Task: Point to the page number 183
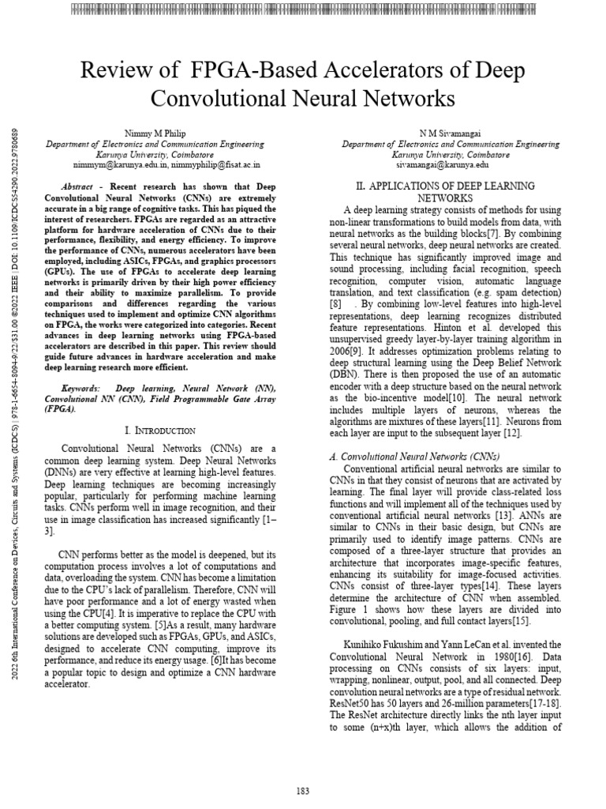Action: pyautogui.click(x=303, y=791)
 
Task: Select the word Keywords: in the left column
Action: pyautogui.click(x=80, y=389)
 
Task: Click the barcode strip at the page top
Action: pyautogui.click(x=303, y=10)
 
